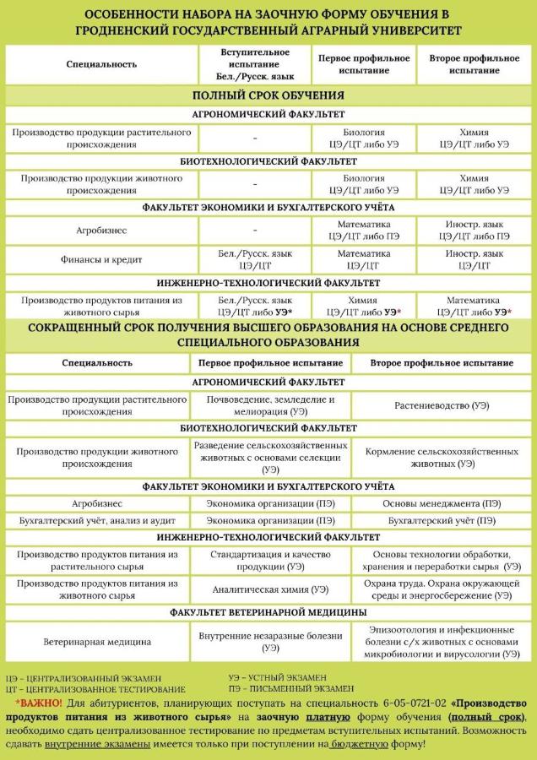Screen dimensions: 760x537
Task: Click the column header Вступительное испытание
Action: pyautogui.click(x=254, y=64)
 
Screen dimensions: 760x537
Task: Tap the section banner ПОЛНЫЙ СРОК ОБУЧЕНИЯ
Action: pyautogui.click(x=268, y=95)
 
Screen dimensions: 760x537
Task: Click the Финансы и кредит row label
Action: pyautogui.click(x=100, y=259)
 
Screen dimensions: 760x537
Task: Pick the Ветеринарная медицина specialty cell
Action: pyautogui.click(x=97, y=642)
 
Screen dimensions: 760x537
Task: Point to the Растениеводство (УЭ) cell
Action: pyautogui.click(x=442, y=405)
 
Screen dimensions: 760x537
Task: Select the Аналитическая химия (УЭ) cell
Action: pyautogui.click(x=270, y=589)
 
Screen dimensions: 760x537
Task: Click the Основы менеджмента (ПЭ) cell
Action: pyautogui.click(x=442, y=503)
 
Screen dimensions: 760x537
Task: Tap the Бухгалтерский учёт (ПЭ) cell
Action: pyautogui.click(x=442, y=521)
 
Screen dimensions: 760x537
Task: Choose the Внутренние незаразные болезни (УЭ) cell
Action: pyautogui.click(x=270, y=642)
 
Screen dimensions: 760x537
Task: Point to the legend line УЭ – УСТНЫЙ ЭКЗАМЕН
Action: pyautogui.click(x=278, y=677)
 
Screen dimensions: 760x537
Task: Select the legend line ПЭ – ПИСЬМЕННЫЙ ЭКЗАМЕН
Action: pyautogui.click(x=291, y=689)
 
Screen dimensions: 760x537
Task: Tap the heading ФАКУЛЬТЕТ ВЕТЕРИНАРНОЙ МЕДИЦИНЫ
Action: pyautogui.click(x=268, y=611)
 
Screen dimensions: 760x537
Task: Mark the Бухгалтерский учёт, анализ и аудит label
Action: pyautogui.click(x=97, y=521)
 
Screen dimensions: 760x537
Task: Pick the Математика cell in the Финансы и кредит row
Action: pyautogui.click(x=364, y=259)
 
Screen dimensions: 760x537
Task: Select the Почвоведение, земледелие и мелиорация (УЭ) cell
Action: pyautogui.click(x=270, y=405)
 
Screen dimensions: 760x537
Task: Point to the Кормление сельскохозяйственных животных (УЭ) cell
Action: pyautogui.click(x=442, y=457)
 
